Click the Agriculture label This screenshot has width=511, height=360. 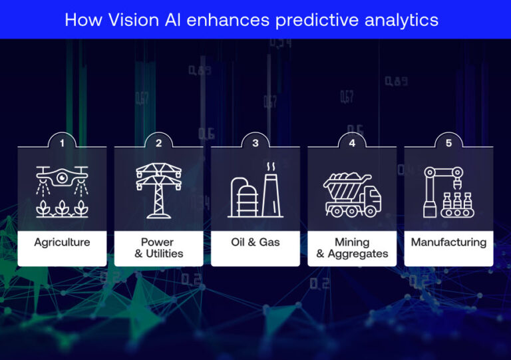coord(62,242)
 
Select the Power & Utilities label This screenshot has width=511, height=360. coord(158,248)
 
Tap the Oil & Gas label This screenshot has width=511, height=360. coord(255,242)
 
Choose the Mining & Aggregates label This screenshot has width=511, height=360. coord(352,248)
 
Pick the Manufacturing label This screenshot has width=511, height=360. coord(448,242)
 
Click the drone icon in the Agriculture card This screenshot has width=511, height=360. coord(62,177)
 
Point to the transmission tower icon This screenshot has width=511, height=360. coord(158,189)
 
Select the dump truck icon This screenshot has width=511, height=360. coord(352,194)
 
